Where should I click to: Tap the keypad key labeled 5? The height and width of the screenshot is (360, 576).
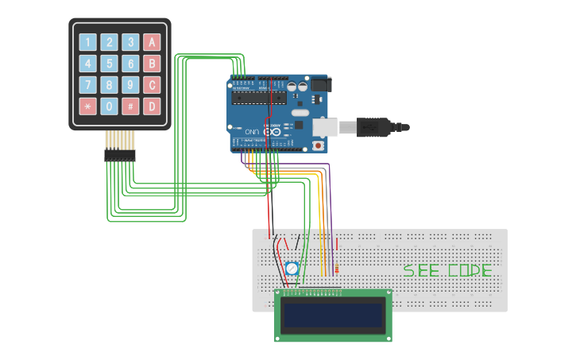click(109, 64)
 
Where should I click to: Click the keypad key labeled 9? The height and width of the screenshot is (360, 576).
click(130, 85)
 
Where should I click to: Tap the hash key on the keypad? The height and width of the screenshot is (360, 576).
click(130, 106)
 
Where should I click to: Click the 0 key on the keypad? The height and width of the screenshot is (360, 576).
click(109, 106)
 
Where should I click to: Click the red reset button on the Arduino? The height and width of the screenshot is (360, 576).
click(319, 145)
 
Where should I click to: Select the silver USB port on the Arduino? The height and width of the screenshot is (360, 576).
click(326, 126)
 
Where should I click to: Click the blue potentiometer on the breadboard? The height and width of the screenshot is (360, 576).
click(292, 269)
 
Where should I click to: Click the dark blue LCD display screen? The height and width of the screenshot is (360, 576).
click(333, 315)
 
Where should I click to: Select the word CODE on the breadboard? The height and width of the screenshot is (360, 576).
click(470, 270)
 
